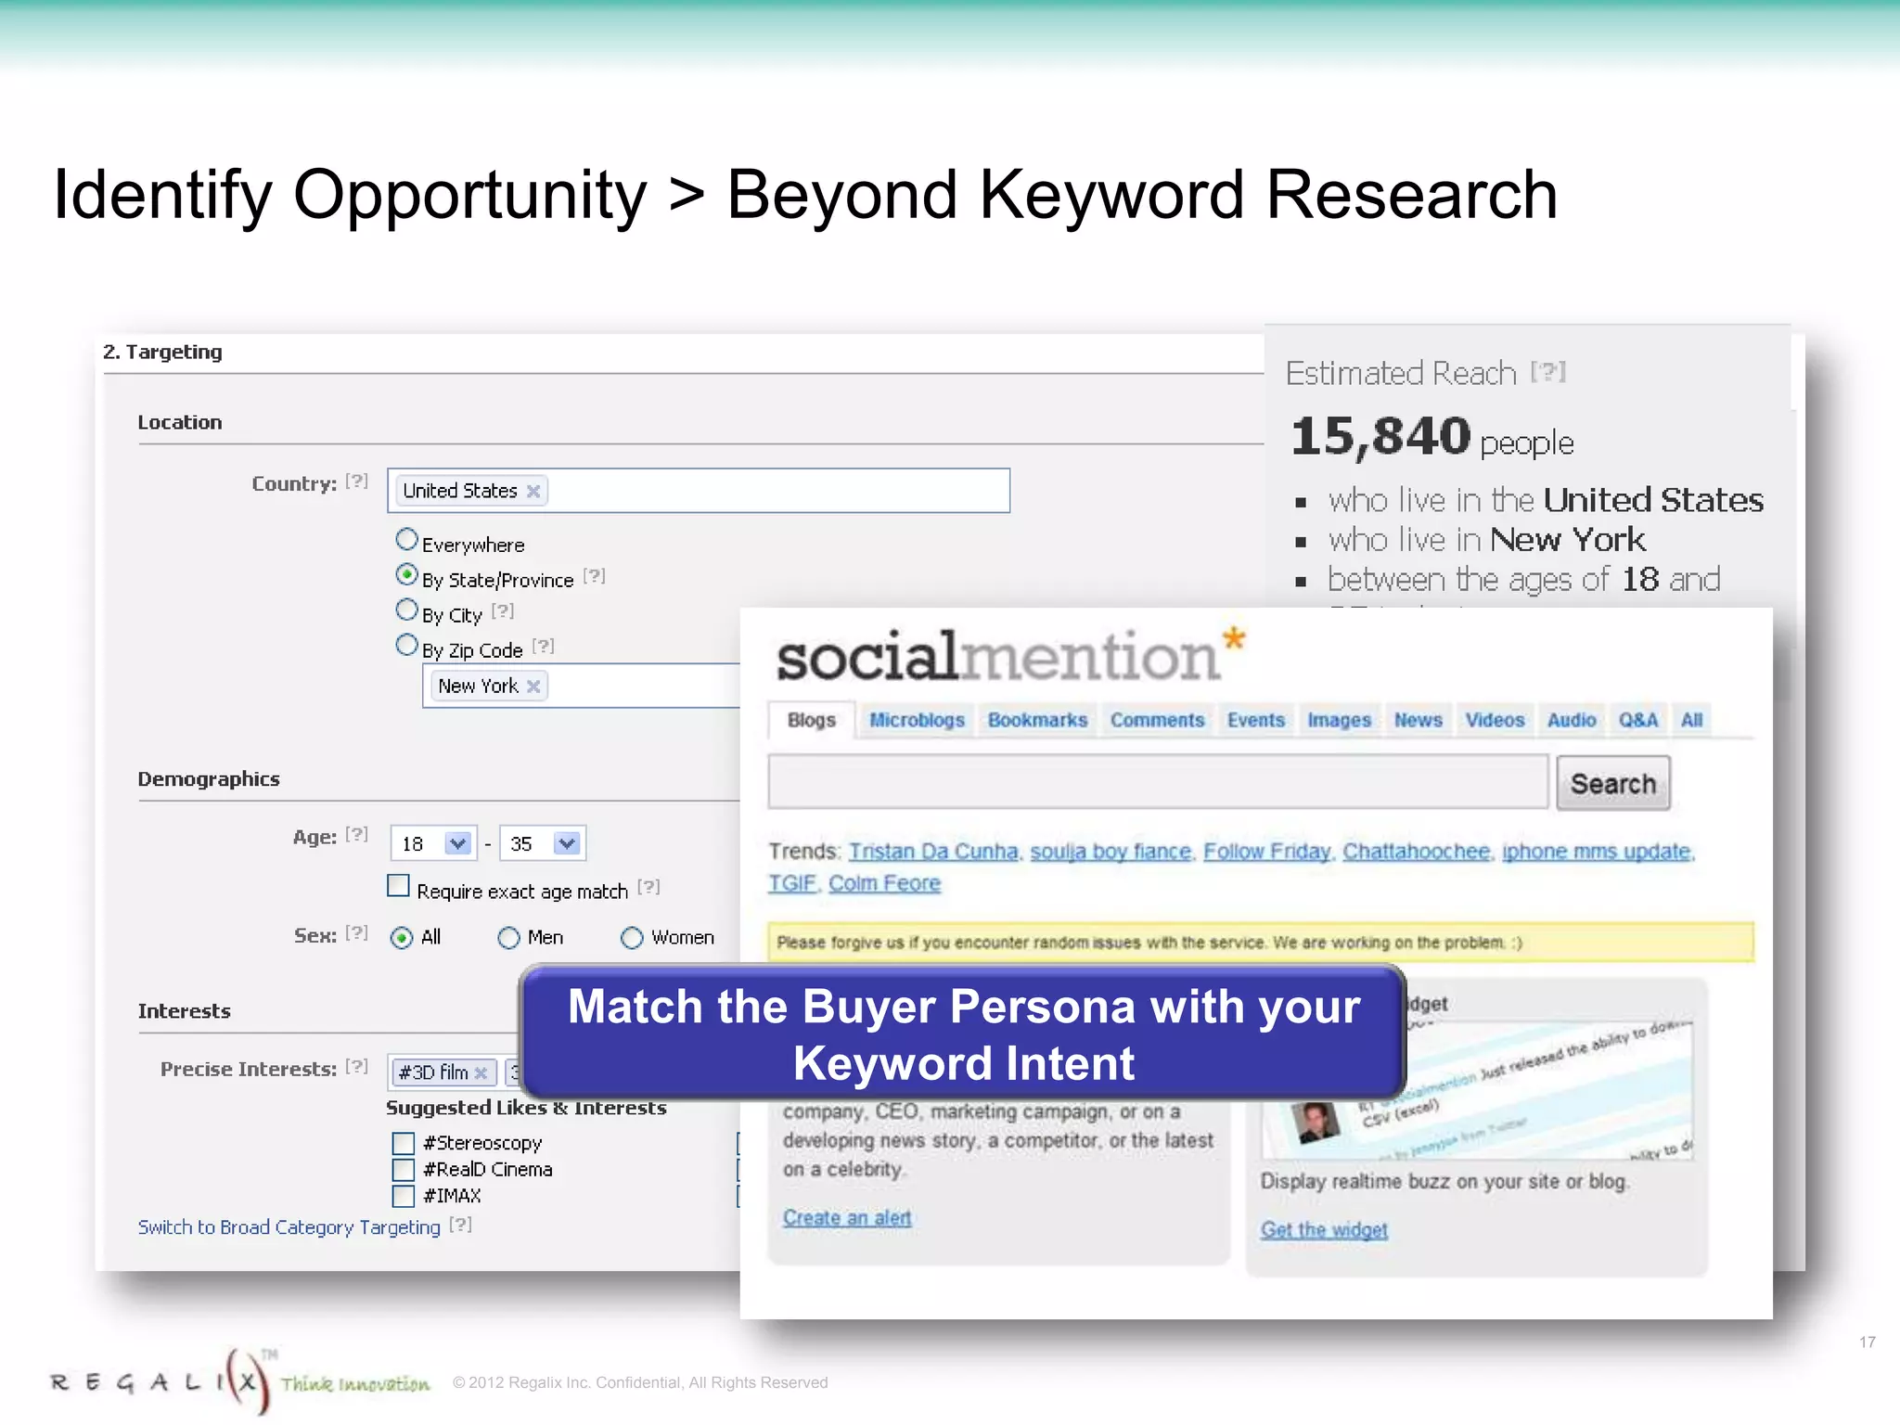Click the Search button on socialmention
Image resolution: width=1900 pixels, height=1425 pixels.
pyautogui.click(x=1612, y=784)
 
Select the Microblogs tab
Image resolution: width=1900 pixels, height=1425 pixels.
pyautogui.click(x=917, y=720)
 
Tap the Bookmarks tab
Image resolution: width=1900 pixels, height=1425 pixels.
pyautogui.click(x=1037, y=720)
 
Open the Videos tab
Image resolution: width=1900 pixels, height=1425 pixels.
pyautogui.click(x=1495, y=720)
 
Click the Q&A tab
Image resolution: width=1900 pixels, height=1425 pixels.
pyautogui.click(x=1637, y=720)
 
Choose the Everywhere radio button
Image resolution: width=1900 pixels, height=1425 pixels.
pyautogui.click(x=406, y=539)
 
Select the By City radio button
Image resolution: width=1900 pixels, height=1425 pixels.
pyautogui.click(x=406, y=610)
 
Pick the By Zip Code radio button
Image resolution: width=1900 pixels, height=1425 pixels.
pyautogui.click(x=406, y=645)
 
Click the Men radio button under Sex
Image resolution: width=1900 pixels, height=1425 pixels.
pyautogui.click(x=508, y=938)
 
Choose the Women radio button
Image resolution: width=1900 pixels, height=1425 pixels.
pyautogui.click(x=632, y=938)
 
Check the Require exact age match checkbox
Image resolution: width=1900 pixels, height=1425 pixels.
pyautogui.click(x=398, y=886)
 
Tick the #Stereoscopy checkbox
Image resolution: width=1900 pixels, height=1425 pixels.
pyautogui.click(x=403, y=1143)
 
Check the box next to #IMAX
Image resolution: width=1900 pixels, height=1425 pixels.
pyautogui.click(x=403, y=1196)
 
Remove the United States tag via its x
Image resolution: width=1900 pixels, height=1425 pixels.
pyautogui.click(x=533, y=491)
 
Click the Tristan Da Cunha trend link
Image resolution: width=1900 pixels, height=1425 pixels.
pyautogui.click(x=933, y=852)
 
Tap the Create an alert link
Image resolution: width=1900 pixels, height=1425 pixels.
pyautogui.click(x=846, y=1218)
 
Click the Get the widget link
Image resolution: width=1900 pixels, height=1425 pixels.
pyautogui.click(x=1324, y=1230)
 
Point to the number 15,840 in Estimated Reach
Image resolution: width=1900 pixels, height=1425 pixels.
pyautogui.click(x=1380, y=436)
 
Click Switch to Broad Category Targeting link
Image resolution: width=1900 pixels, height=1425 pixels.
pyautogui.click(x=289, y=1227)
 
